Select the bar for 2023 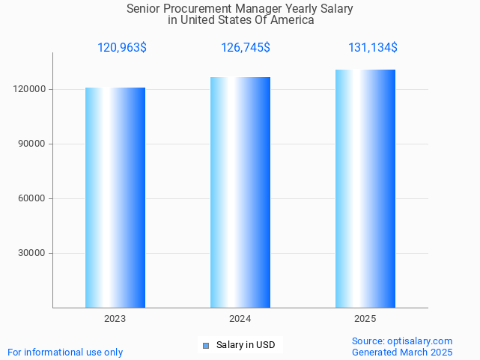(115, 198)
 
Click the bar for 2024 (240, 192)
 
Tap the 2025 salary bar (365, 189)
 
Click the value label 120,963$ (122, 48)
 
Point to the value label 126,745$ (246, 48)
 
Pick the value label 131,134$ (373, 48)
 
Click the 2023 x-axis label (115, 319)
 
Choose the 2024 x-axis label (240, 319)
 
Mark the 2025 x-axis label (365, 319)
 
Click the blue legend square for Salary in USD (206, 345)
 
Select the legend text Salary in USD (246, 345)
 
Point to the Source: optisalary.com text (402, 341)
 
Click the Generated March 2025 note (402, 352)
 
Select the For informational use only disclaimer (65, 352)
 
